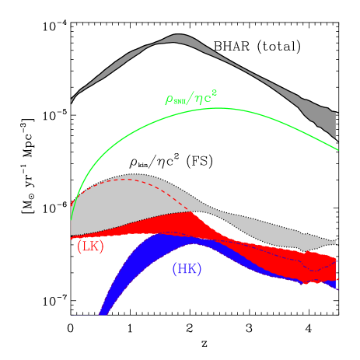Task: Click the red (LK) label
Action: (90, 246)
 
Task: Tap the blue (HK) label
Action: (187, 269)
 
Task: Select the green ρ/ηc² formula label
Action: (190, 98)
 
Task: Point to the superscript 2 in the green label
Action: (214, 93)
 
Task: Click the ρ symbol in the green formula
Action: (169, 100)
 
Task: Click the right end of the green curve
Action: (337, 149)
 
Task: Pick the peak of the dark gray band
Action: (178, 38)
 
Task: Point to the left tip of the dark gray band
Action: (72, 100)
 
